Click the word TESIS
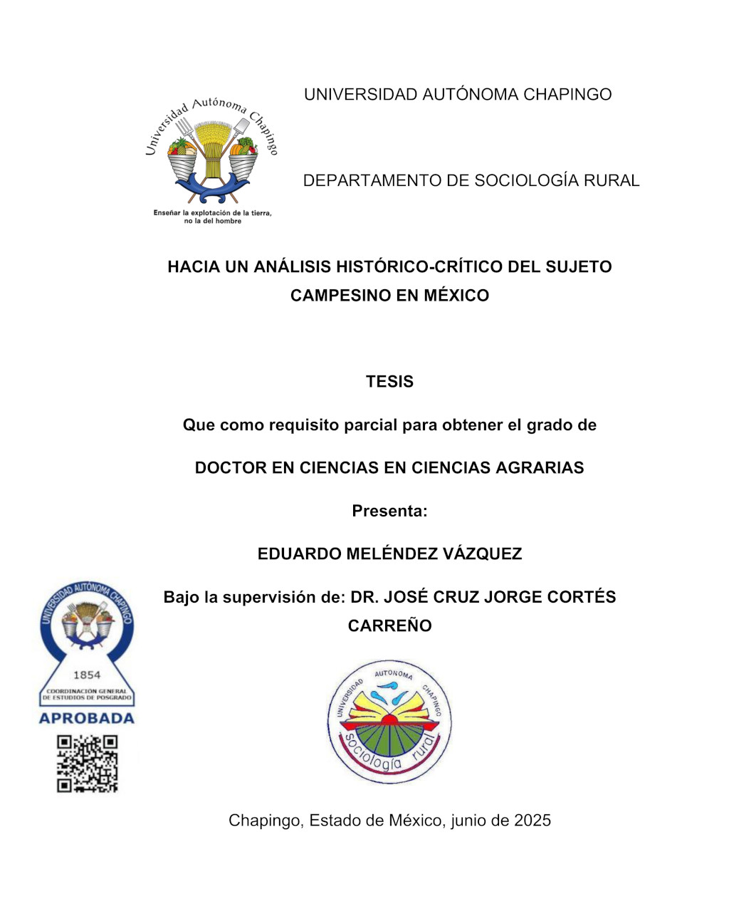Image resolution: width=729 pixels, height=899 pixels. tap(389, 382)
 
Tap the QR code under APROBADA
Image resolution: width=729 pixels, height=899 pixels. tap(88, 764)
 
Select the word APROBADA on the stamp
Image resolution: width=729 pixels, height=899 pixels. tap(87, 718)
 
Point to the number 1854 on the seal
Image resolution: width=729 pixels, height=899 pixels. tap(87, 675)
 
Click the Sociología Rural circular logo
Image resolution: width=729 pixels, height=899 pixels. tap(389, 722)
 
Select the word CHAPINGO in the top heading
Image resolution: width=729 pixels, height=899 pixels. tap(567, 95)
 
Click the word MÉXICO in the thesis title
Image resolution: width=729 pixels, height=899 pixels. tap(456, 296)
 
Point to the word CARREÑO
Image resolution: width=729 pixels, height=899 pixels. tap(389, 626)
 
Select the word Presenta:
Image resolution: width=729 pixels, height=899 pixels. tap(389, 511)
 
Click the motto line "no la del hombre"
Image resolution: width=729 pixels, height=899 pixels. tap(212, 222)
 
